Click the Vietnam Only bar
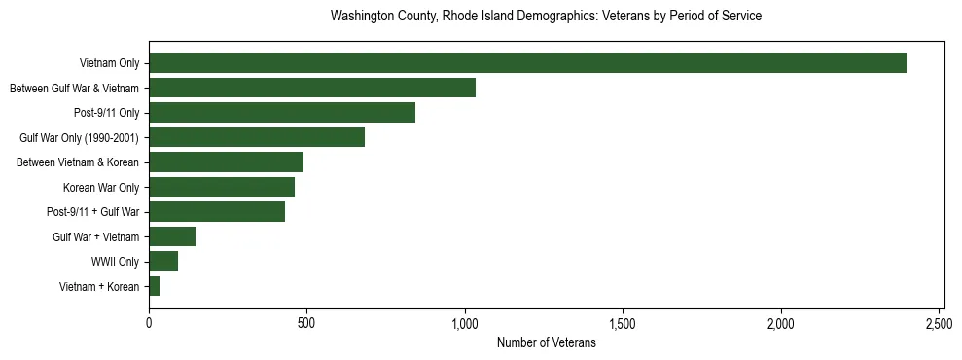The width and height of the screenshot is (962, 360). click(527, 63)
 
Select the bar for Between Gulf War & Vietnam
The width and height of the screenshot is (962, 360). click(311, 88)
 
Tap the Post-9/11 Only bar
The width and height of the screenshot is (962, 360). click(282, 113)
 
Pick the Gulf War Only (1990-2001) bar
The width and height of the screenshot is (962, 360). click(257, 137)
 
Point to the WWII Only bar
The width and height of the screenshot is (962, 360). click(163, 262)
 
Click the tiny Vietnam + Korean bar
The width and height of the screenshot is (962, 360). click(154, 286)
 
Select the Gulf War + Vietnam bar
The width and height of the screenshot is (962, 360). click(172, 236)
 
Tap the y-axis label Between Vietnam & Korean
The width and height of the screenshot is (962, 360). click(78, 162)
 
